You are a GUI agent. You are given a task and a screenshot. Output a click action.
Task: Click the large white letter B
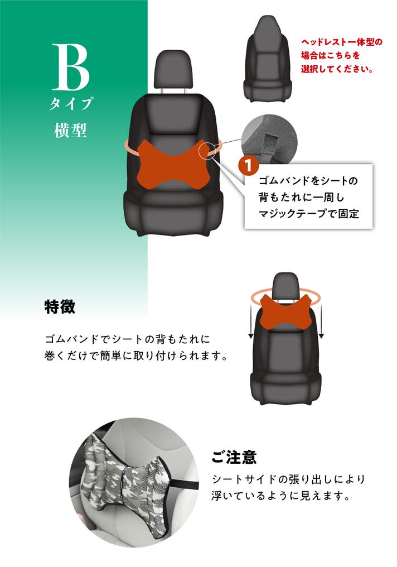click(x=71, y=68)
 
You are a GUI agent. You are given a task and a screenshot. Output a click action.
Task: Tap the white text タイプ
click(x=71, y=103)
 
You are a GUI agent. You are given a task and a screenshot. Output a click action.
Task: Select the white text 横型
click(x=71, y=130)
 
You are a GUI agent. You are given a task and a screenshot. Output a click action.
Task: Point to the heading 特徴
click(x=60, y=306)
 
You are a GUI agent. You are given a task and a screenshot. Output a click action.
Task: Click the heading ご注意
click(x=234, y=457)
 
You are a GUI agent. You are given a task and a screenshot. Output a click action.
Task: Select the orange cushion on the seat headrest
click(x=285, y=312)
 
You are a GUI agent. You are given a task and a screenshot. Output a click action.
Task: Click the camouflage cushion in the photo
click(x=125, y=481)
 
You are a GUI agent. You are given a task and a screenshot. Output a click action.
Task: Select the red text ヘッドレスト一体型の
click(x=342, y=42)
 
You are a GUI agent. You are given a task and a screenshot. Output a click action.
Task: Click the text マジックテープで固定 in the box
click(x=308, y=213)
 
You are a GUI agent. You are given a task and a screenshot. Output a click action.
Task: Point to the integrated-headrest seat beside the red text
click(x=268, y=58)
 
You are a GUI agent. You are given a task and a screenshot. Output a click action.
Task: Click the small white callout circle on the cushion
click(x=207, y=150)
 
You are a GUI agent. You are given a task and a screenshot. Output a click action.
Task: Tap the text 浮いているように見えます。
click(x=280, y=496)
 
